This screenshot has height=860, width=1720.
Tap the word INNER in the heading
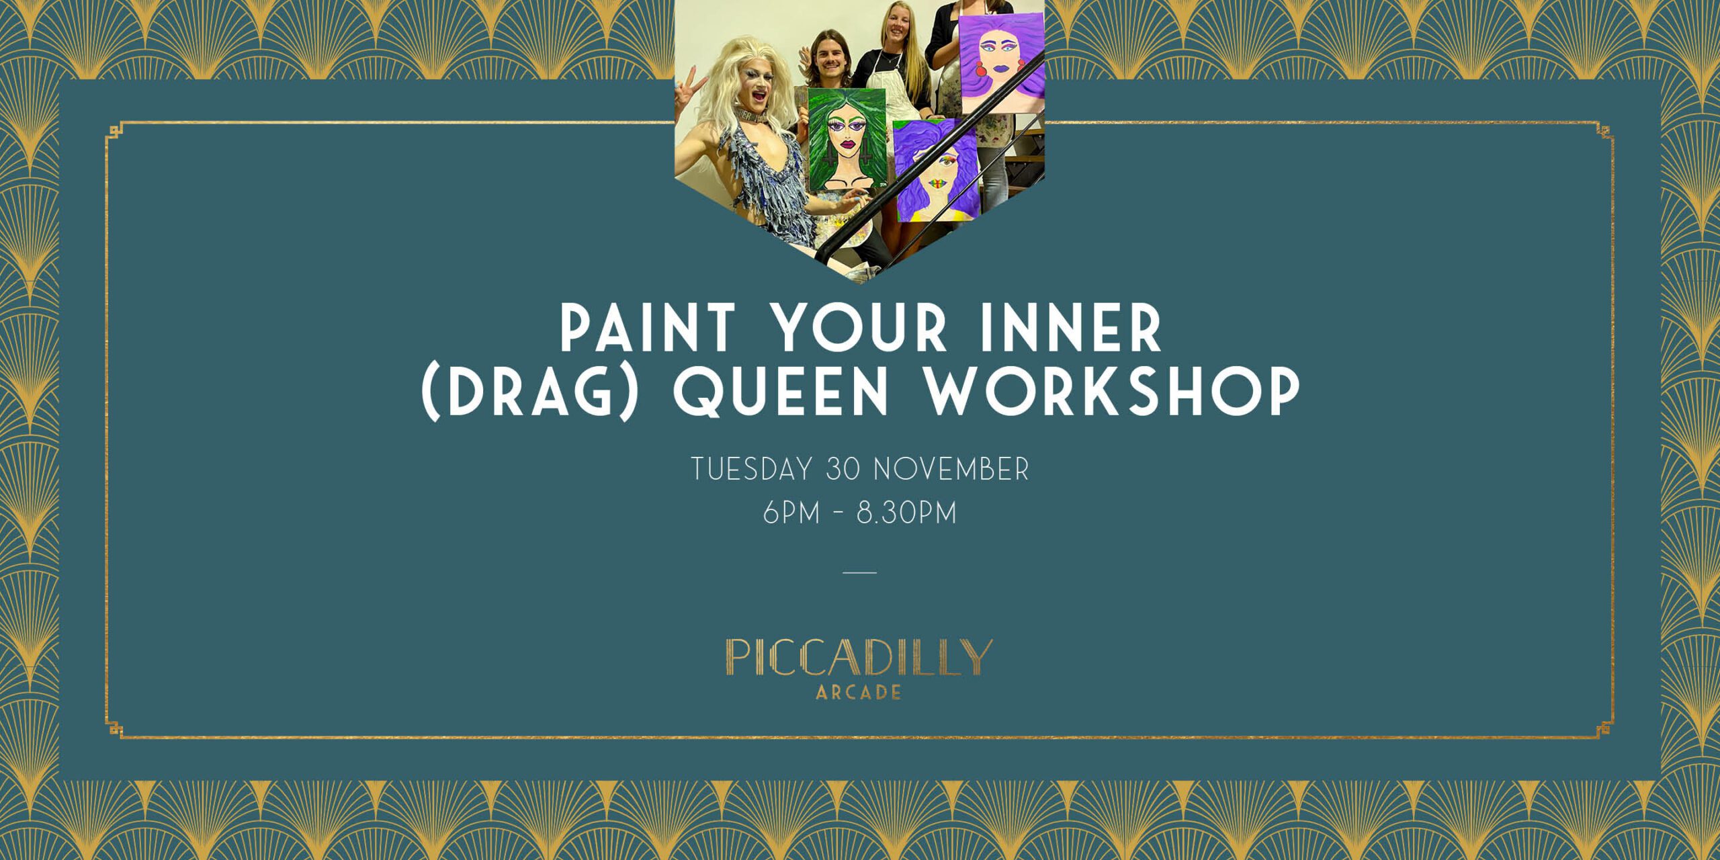pyautogui.click(x=1071, y=328)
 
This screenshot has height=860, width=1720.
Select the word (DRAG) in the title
pyautogui.click(x=529, y=392)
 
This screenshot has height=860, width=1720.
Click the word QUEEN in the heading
pyautogui.click(x=781, y=392)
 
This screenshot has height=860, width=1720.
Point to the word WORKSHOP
pyautogui.click(x=1113, y=392)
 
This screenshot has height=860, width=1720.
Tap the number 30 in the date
pyautogui.click(x=843, y=469)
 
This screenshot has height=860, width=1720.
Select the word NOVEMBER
pyautogui.click(x=951, y=469)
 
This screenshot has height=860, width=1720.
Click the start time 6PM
pyautogui.click(x=791, y=513)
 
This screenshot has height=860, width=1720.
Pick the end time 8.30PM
pyautogui.click(x=906, y=513)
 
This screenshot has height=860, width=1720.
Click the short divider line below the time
pyautogui.click(x=860, y=572)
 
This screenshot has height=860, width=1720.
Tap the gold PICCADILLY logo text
pyautogui.click(x=859, y=658)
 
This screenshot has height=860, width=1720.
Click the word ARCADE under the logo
pyautogui.click(x=859, y=693)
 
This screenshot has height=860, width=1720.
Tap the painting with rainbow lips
pyautogui.click(x=937, y=171)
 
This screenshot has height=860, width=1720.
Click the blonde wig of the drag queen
pyautogui.click(x=739, y=87)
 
